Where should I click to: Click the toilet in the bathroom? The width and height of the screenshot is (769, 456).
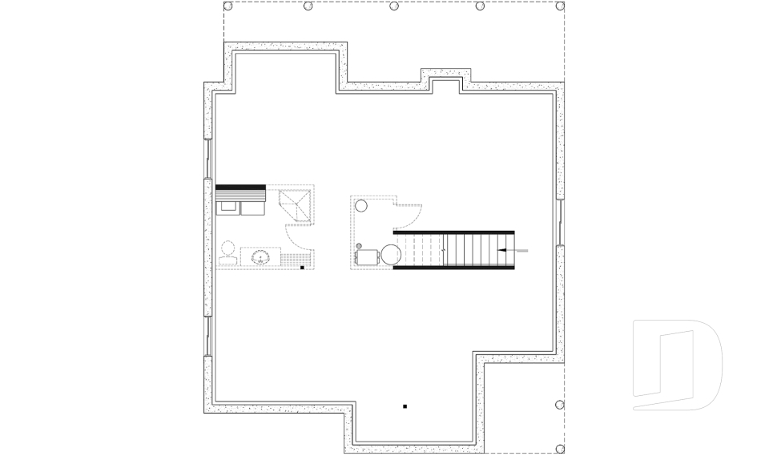point(227,251)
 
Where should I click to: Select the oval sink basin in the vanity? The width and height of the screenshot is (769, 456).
point(260,257)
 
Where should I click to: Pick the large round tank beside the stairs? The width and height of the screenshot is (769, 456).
point(391,256)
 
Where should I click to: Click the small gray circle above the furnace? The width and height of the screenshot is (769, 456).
point(359,245)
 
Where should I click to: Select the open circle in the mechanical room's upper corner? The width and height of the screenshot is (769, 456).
point(361,206)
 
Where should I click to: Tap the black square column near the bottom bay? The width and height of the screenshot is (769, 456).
point(405,406)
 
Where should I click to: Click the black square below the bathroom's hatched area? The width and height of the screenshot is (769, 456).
point(302,268)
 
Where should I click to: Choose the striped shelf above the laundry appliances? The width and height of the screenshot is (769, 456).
point(240,193)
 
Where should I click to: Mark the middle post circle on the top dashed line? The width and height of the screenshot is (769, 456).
point(394,6)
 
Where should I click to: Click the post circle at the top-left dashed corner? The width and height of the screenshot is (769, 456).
point(228,6)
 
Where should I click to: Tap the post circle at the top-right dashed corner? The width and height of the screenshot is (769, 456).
point(560,6)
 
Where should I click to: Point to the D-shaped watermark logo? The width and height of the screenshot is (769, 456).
point(677,365)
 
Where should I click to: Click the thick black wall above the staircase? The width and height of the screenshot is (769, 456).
point(453,232)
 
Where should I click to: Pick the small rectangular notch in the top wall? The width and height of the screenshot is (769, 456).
point(445,83)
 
